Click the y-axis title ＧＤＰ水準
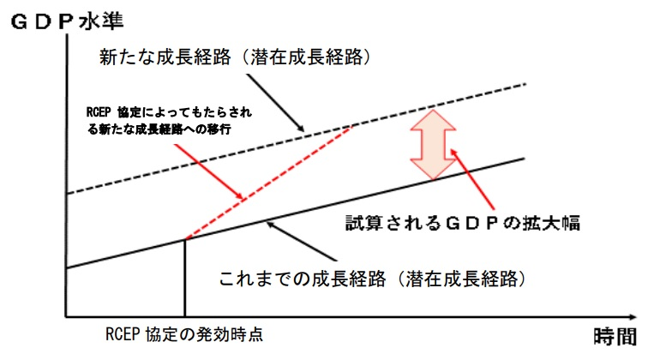[67, 21]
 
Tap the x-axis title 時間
[615, 336]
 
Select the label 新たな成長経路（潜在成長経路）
[235, 57]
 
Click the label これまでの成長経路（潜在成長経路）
[372, 279]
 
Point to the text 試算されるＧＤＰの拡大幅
[463, 223]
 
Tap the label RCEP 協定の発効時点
[184, 334]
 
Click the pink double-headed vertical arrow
[433, 145]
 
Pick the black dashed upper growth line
[297, 139]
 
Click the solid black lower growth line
[296, 213]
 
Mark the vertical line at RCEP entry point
[184, 278]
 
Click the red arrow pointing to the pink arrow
[472, 179]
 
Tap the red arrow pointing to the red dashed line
[208, 171]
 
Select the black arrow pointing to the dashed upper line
[275, 103]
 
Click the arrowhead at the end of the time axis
[633, 317]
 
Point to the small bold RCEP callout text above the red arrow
[169, 121]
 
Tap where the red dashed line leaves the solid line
[185, 239]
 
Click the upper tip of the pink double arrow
[434, 110]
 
